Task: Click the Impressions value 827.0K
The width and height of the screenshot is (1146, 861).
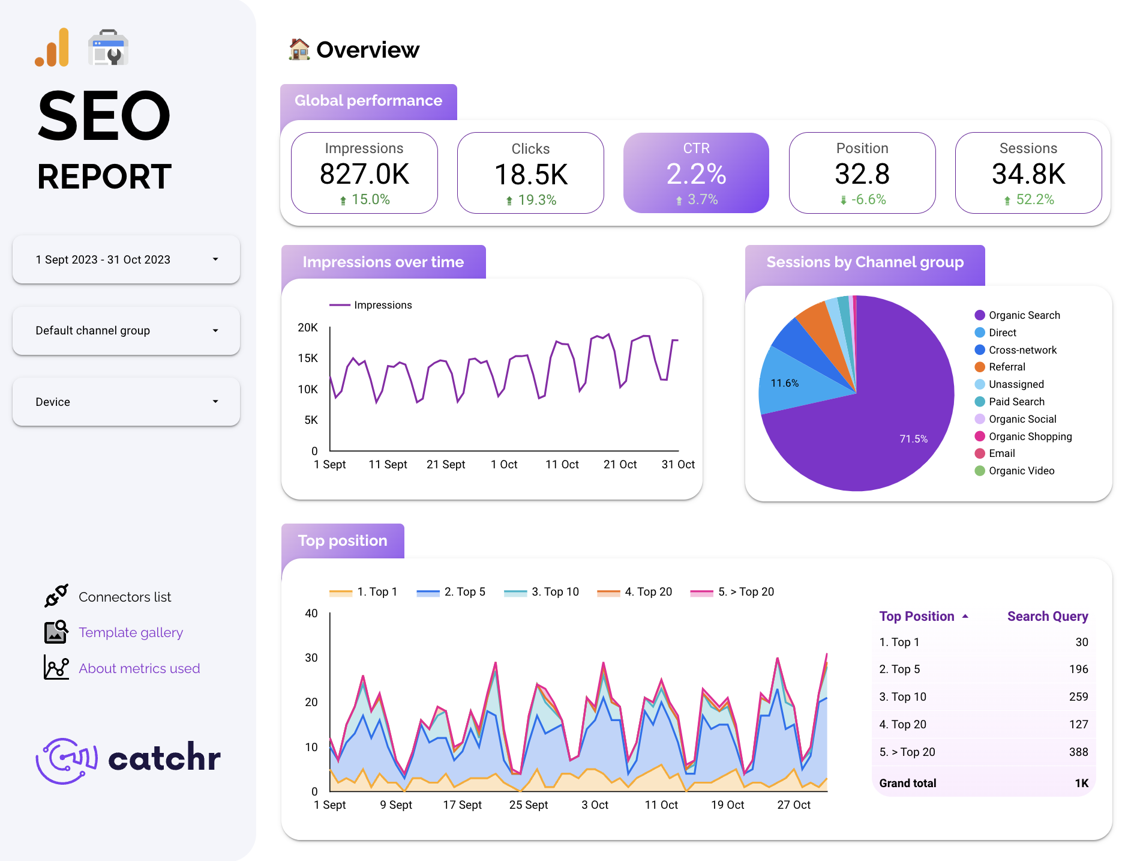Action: click(364, 174)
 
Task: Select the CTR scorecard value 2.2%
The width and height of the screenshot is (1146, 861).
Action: click(696, 174)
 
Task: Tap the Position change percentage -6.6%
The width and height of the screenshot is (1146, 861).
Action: click(868, 199)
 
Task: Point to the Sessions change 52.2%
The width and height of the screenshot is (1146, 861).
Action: click(1034, 199)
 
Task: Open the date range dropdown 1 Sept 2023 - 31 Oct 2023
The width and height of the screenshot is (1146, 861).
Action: click(126, 259)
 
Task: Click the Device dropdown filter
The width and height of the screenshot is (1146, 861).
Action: click(126, 402)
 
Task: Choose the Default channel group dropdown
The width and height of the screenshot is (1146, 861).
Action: click(126, 330)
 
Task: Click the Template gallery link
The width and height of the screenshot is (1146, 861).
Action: click(131, 632)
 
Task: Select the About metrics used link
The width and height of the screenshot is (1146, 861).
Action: click(139, 668)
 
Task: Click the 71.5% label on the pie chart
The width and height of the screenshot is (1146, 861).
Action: click(913, 439)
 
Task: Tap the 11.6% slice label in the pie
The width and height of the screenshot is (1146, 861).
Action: click(784, 383)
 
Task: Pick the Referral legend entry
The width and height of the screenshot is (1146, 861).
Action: click(1006, 367)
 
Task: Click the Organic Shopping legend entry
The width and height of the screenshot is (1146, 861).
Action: click(1030, 437)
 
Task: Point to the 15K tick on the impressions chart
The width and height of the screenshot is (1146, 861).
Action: click(308, 358)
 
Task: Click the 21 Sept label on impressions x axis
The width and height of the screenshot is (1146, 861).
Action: click(446, 464)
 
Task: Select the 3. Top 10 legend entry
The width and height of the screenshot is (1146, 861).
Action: click(554, 591)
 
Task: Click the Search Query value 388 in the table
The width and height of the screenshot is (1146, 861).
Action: click(1078, 752)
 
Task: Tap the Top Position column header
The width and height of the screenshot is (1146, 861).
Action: click(917, 616)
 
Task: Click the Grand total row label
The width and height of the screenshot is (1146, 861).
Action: click(907, 783)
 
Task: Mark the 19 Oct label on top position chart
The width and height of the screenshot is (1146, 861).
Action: click(727, 805)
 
